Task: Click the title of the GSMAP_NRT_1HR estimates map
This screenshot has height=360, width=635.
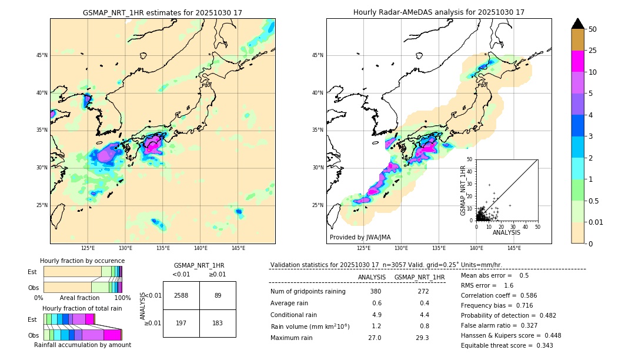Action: [162, 12]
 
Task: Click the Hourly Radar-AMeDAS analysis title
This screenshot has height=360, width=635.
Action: [439, 12]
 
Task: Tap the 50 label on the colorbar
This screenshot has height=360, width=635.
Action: [593, 29]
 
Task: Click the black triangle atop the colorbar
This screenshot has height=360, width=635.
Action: [577, 24]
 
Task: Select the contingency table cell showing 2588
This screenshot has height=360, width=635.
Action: [181, 295]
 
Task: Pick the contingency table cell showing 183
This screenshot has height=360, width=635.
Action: [218, 323]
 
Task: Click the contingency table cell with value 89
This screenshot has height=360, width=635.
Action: [218, 295]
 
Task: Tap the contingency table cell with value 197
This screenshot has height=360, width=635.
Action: [181, 323]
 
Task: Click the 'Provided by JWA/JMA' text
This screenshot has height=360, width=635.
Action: [360, 238]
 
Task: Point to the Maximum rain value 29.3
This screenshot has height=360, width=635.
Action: [422, 338]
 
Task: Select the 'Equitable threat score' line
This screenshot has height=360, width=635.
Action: [507, 345]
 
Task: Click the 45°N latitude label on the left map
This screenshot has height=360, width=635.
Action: [42, 55]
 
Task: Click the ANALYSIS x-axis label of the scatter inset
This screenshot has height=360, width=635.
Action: [506, 232]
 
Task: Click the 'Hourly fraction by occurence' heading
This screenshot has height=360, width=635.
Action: [82, 261]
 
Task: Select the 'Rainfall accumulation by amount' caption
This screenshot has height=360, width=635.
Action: [82, 345]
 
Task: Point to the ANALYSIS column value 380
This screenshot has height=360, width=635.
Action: [375, 292]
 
